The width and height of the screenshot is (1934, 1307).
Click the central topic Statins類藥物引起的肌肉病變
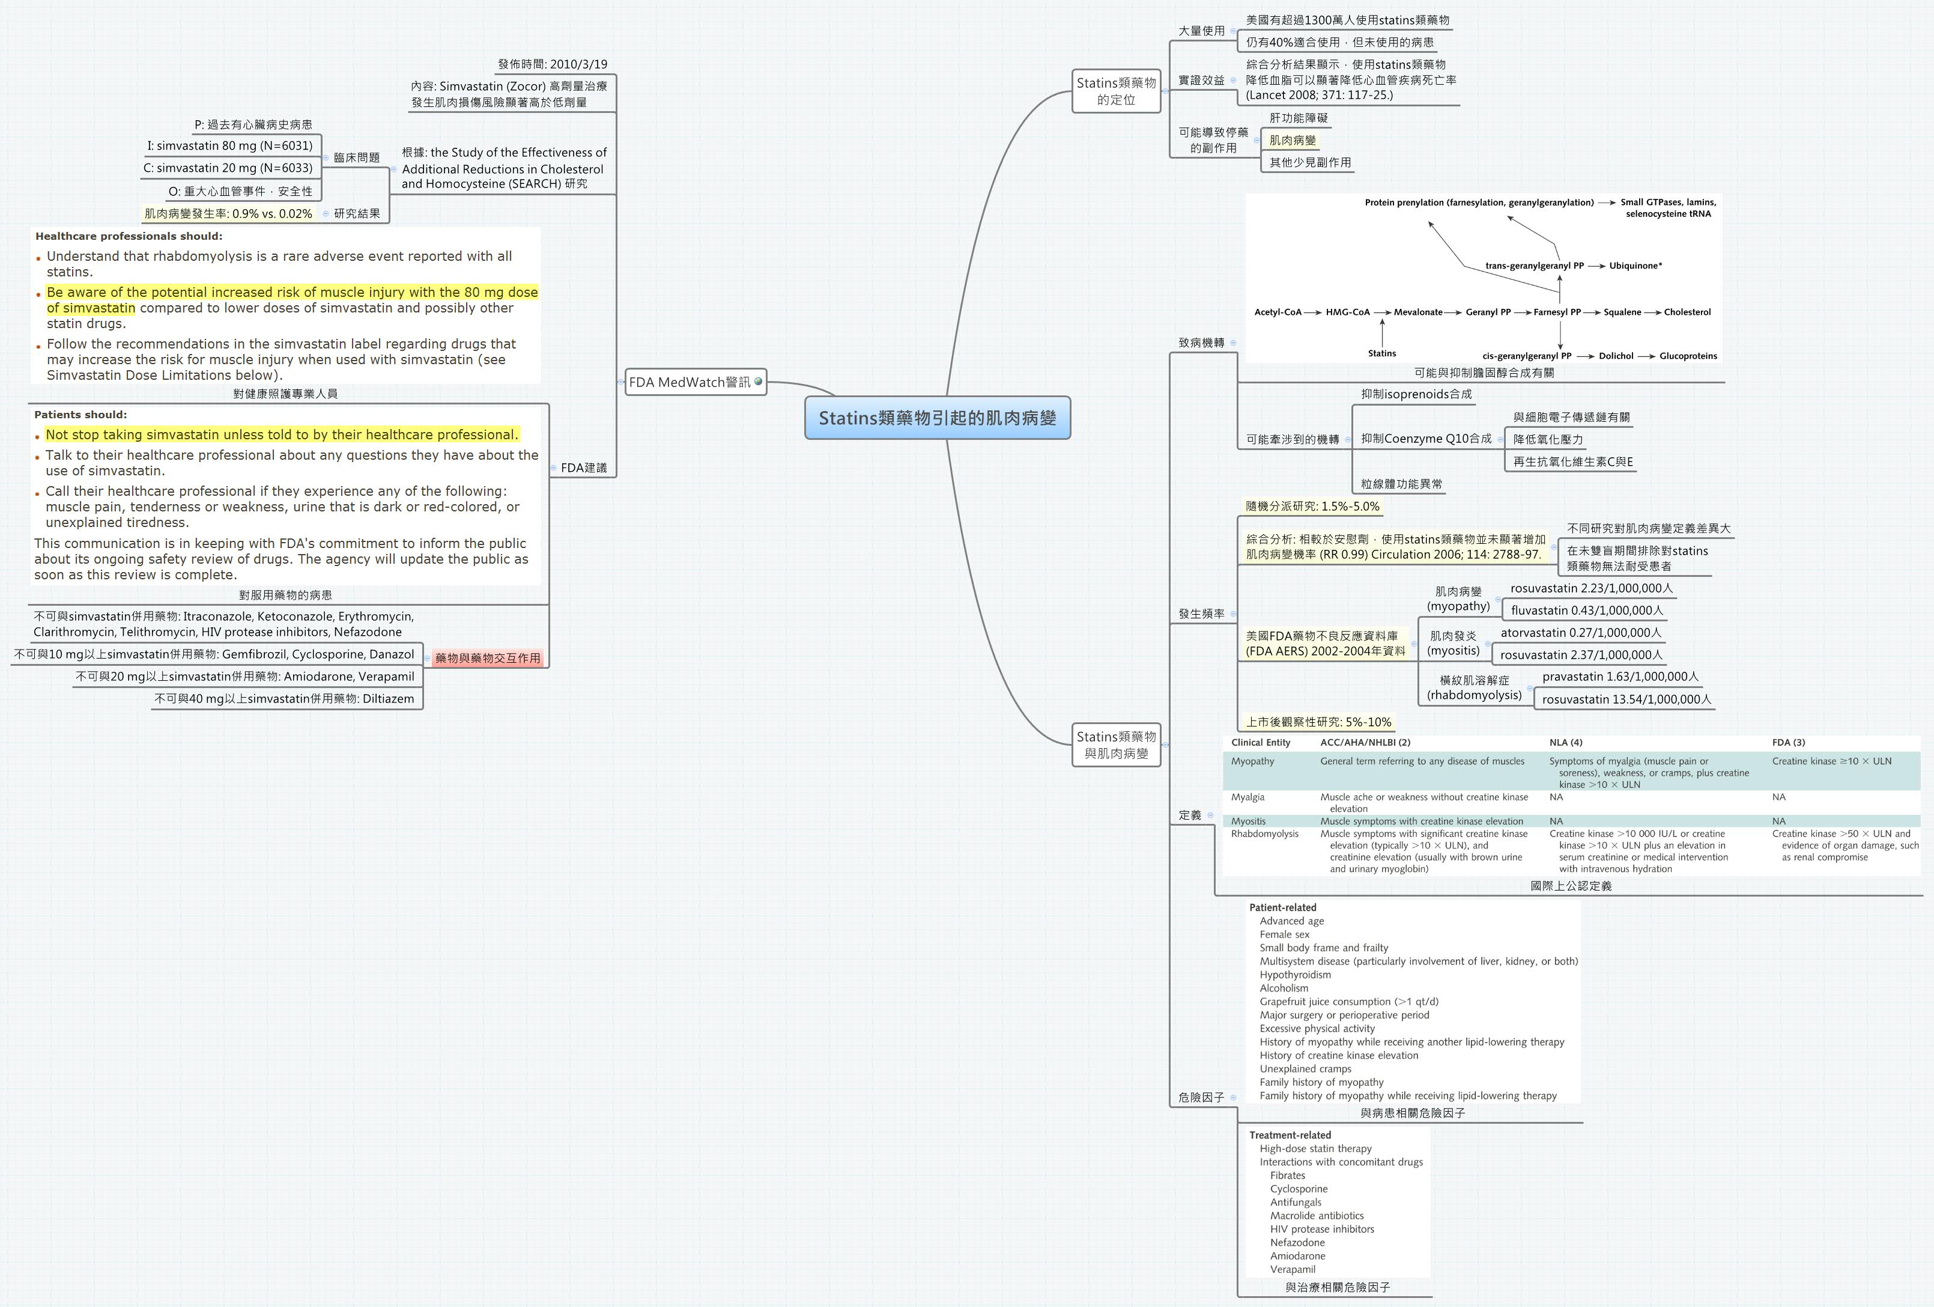coord(937,418)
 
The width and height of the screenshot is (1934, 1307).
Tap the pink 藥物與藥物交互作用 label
coord(488,657)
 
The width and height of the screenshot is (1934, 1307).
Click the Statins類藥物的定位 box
coord(1116,91)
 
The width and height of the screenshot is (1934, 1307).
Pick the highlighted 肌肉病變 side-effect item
coord(1293,140)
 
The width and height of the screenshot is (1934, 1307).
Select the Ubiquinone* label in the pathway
coord(1635,266)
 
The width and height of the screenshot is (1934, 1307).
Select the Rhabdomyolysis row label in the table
coord(1264,833)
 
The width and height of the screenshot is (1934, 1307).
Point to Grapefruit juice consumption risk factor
coord(1348,1002)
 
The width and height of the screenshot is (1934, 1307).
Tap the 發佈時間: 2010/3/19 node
coord(553,64)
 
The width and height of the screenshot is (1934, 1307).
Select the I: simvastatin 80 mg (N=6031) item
coord(229,145)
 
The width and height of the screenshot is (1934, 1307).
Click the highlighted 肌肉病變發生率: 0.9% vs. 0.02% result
coord(228,214)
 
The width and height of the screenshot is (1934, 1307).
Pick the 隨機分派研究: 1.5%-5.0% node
coord(1312,506)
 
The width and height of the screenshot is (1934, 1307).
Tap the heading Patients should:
coord(80,415)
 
